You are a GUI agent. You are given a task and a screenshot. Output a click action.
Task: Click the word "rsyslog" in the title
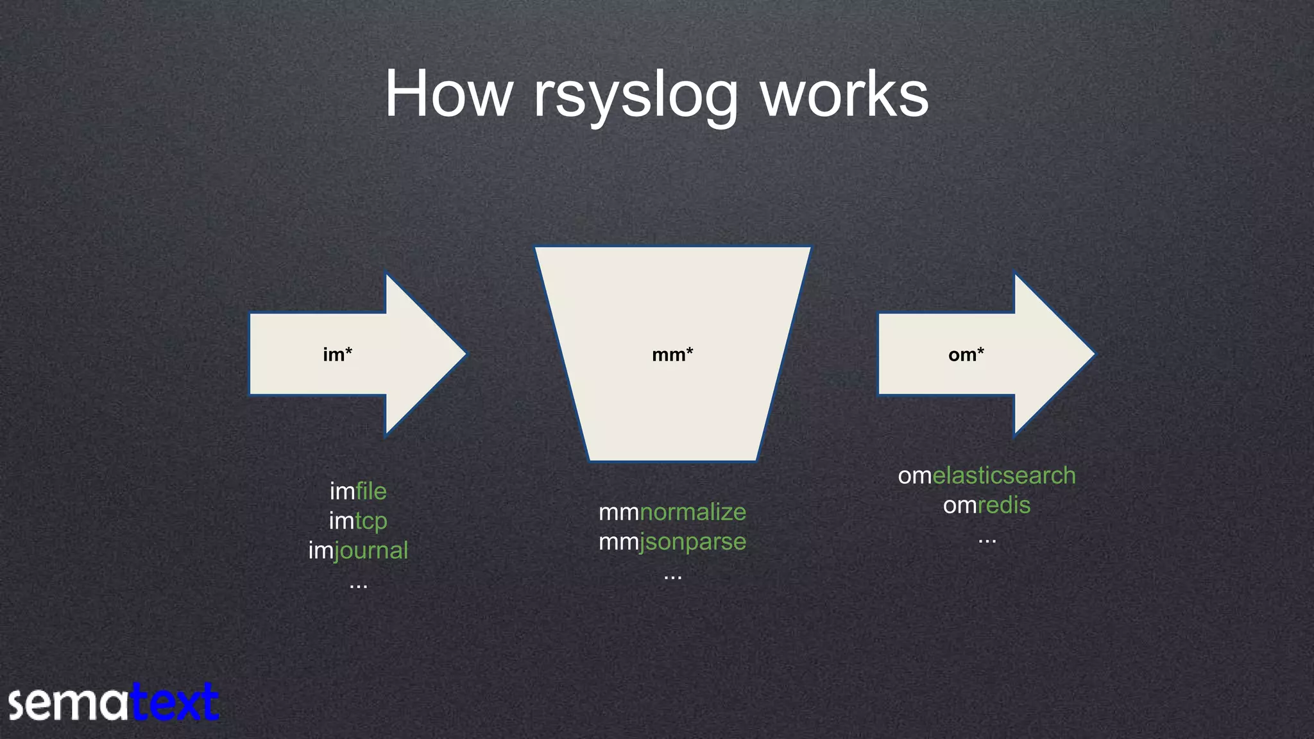click(635, 96)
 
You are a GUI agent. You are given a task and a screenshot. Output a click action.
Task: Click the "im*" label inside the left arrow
click(337, 355)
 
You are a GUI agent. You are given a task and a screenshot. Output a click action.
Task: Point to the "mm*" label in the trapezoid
click(672, 355)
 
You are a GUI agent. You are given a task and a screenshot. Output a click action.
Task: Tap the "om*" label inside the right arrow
click(966, 355)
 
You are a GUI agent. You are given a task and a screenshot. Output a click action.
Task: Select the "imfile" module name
click(358, 491)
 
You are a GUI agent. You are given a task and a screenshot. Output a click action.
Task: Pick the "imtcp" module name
click(358, 521)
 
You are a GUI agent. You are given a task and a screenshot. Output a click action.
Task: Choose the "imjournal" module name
click(358, 550)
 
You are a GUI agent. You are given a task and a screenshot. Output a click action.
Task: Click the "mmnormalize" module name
click(672, 512)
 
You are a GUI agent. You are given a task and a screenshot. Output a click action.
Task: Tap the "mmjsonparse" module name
click(672, 542)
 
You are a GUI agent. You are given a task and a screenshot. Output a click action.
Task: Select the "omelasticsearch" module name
click(987, 475)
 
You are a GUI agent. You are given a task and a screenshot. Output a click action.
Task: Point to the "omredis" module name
click(987, 505)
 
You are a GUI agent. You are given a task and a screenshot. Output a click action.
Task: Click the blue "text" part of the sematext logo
click(175, 703)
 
